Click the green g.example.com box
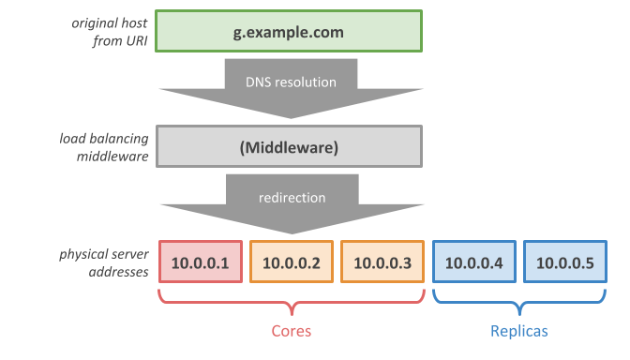click(x=290, y=33)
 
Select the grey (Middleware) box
click(x=290, y=147)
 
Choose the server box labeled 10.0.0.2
click(x=291, y=262)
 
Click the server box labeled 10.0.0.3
click(x=382, y=262)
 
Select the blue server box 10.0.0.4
click(x=473, y=262)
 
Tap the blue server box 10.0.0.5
click(x=564, y=262)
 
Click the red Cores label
click(x=291, y=331)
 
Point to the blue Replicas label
click(x=518, y=331)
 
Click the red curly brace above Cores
click(x=291, y=302)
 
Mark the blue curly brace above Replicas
click(x=518, y=302)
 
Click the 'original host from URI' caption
click(x=111, y=32)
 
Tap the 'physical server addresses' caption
click(x=103, y=262)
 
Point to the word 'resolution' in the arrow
click(x=305, y=82)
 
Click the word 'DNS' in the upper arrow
click(x=257, y=82)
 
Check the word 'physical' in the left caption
click(x=85, y=254)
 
